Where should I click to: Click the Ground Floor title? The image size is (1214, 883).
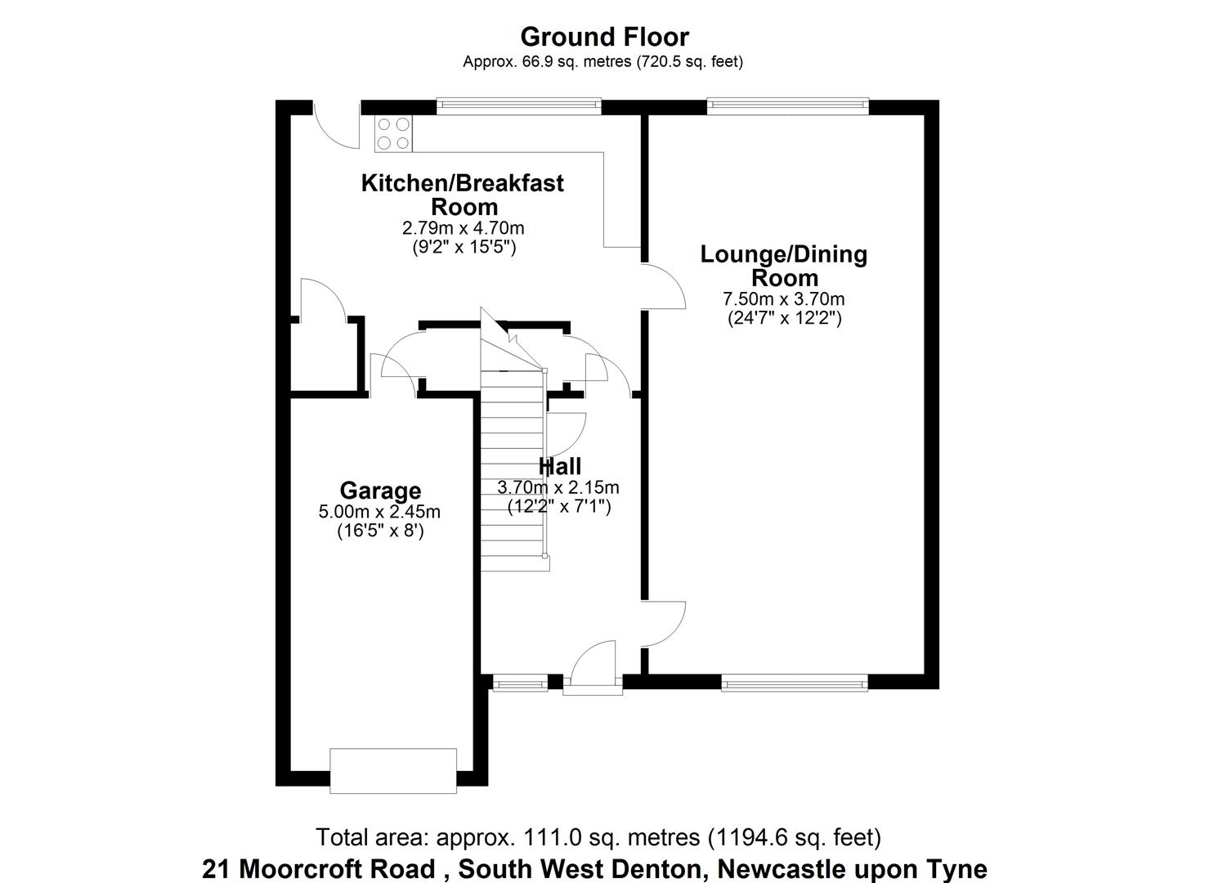coord(604,37)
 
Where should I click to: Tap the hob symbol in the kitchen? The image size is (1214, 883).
coord(393,133)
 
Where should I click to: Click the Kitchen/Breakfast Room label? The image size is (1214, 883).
coord(463,195)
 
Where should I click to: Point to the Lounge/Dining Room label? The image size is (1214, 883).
coord(784,266)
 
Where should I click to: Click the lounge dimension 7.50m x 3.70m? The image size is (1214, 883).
coord(784,299)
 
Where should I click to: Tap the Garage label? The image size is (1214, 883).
coord(380,491)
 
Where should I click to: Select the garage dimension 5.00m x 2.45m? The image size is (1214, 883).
coord(379,513)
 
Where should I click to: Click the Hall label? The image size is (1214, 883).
coord(560,467)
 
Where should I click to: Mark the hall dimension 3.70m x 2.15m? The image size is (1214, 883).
coord(558,488)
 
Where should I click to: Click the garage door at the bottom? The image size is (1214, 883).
coord(393,770)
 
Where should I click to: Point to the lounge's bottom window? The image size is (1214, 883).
coord(794,682)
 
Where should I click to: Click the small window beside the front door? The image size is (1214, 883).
coord(521,682)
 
